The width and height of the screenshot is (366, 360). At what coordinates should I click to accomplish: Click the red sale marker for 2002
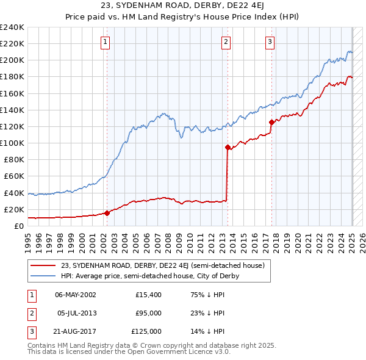click(106, 213)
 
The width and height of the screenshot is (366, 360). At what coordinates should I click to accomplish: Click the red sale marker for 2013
click(228, 147)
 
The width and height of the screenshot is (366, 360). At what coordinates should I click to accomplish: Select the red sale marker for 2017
click(271, 122)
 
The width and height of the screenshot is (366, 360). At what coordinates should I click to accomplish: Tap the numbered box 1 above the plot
click(106, 42)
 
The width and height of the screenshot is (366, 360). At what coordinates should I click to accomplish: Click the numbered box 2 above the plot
click(226, 42)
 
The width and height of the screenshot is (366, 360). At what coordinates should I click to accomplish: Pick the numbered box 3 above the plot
click(270, 42)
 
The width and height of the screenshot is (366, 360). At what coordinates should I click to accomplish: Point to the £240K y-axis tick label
click(12, 27)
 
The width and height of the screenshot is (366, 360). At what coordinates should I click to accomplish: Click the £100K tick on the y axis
click(12, 143)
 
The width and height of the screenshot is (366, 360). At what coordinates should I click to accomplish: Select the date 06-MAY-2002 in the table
click(76, 295)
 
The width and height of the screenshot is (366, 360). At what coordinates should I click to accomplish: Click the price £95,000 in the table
click(146, 313)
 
